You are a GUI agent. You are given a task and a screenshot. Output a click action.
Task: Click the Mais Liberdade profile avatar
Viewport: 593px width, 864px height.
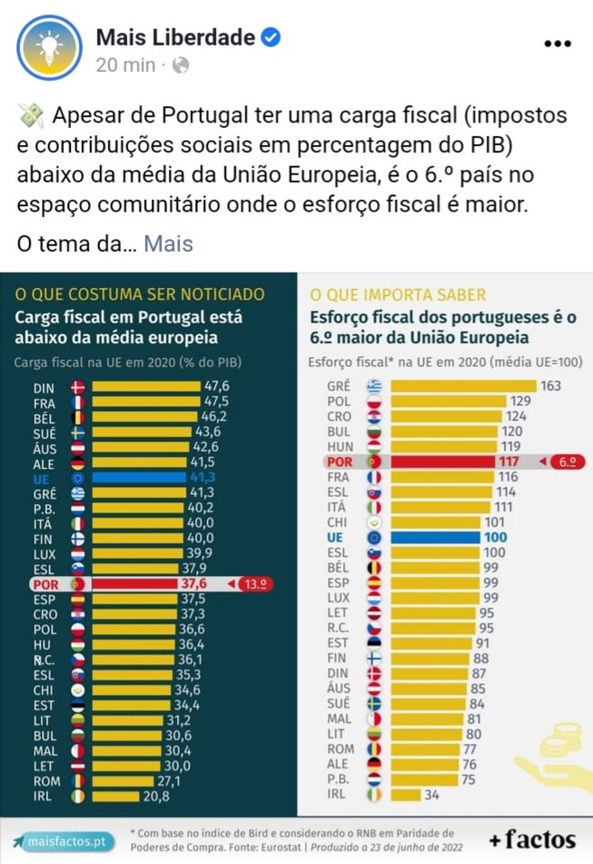point(49,48)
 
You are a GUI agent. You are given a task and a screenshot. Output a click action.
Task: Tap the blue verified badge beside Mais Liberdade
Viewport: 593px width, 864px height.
point(271,38)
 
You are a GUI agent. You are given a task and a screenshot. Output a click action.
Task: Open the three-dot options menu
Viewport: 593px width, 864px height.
point(557,43)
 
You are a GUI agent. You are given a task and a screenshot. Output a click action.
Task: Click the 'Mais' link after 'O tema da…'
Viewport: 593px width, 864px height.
point(168,243)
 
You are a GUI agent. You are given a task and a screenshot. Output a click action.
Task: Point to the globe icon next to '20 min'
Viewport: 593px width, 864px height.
point(181,65)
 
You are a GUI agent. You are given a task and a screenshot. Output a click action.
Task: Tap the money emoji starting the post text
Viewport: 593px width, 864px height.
point(31,117)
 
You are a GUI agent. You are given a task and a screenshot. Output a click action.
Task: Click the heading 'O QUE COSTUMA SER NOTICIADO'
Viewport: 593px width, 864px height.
point(140,294)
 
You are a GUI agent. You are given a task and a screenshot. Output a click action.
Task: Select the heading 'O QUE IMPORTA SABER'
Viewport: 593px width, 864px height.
point(398,294)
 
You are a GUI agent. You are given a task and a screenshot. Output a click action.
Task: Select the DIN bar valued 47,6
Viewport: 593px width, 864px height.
point(146,387)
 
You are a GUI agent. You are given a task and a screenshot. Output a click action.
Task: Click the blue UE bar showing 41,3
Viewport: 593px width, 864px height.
point(146,477)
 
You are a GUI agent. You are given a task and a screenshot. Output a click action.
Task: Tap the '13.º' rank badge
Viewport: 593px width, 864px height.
point(253,583)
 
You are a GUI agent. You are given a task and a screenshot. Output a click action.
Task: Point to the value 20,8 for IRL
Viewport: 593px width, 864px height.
point(155,796)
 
